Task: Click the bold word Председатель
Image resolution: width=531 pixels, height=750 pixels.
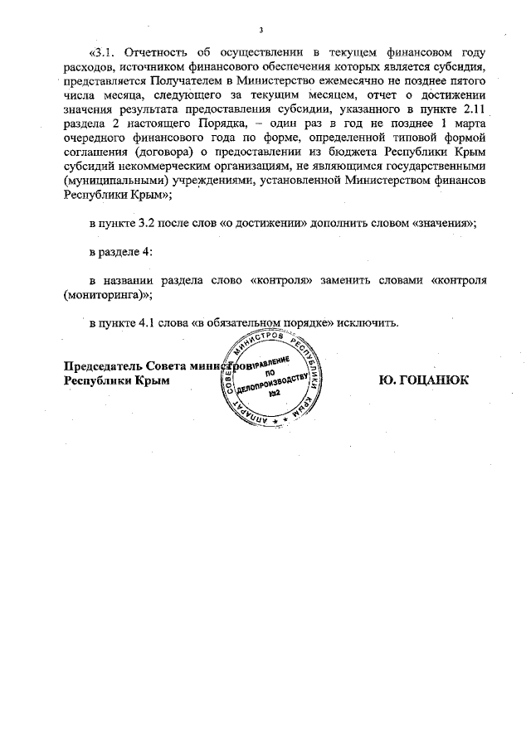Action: pos(104,365)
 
